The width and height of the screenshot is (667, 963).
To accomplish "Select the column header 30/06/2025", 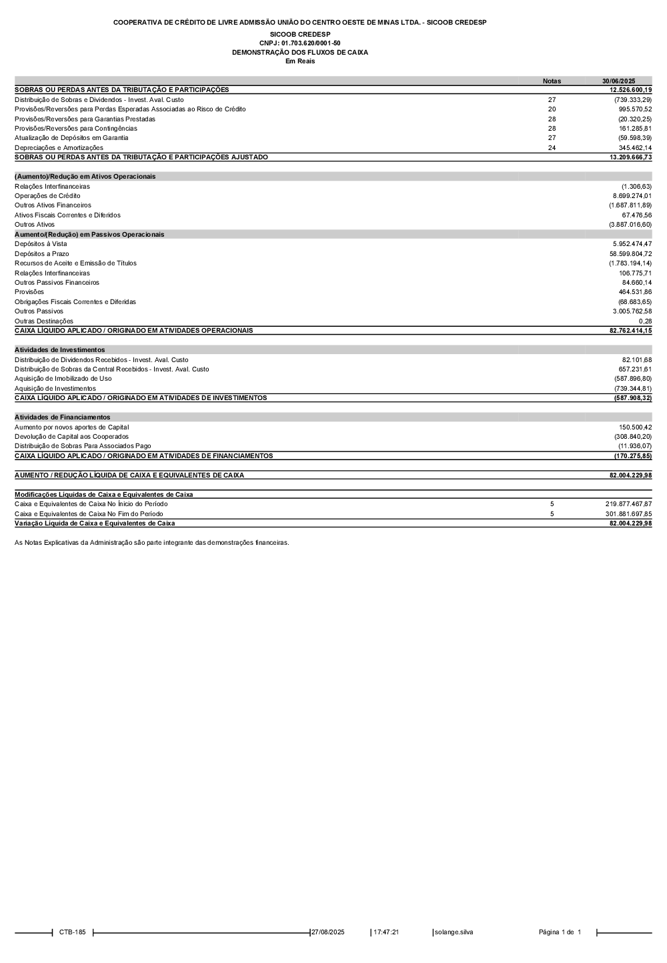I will (x=618, y=81).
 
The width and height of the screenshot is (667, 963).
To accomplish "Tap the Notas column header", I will (x=552, y=81).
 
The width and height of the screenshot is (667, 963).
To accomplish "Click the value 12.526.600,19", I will (x=630, y=89).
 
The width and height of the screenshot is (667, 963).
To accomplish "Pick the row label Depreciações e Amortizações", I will (x=59, y=147).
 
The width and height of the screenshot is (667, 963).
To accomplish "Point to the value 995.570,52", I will (x=635, y=109).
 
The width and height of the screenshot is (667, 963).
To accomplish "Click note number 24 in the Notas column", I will (x=552, y=147).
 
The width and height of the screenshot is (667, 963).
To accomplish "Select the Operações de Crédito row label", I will (x=47, y=195).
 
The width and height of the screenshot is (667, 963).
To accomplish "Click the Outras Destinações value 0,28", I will (x=645, y=321).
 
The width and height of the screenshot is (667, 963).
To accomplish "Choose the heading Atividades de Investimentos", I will (x=59, y=349).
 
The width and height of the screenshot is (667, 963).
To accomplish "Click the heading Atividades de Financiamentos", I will (x=62, y=417).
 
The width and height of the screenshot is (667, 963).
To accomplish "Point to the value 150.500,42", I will (x=635, y=427).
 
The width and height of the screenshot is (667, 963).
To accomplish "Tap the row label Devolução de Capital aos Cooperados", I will (x=71, y=436).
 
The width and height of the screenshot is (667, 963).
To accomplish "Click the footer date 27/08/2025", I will (x=328, y=932).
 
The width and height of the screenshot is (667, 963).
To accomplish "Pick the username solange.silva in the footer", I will (x=454, y=932).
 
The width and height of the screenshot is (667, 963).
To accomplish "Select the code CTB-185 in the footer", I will (x=72, y=932).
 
